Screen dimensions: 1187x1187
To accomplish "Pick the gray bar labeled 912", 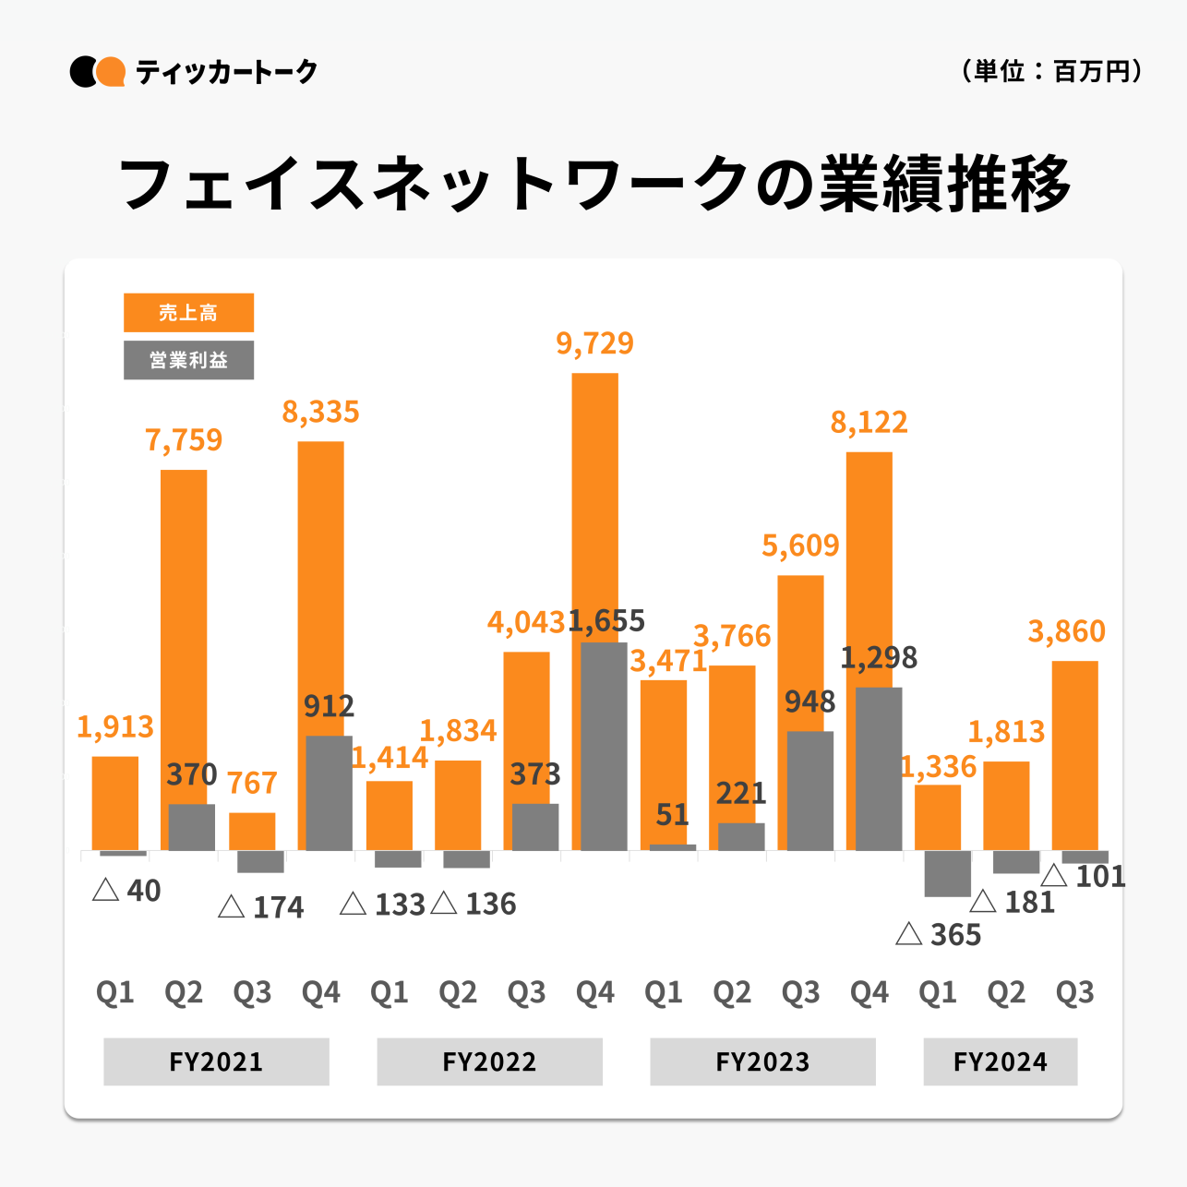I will [330, 793].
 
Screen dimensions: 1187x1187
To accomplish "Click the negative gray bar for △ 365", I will [947, 873].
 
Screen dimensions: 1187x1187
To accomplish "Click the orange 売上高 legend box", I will [188, 313].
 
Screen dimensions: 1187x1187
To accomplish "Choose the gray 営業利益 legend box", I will [188, 360].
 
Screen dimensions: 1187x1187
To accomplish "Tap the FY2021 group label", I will [216, 1061].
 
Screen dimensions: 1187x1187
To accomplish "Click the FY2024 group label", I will [1001, 1061].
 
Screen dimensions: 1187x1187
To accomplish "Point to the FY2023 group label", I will [762, 1061].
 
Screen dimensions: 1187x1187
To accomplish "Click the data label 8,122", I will [869, 423].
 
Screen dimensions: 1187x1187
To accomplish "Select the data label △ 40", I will [127, 891].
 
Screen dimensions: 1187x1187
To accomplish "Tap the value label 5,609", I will [800, 546].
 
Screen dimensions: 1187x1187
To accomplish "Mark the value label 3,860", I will [1066, 631].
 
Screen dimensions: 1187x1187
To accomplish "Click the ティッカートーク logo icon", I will [98, 72].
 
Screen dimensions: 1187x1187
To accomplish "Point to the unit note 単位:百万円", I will [1051, 71].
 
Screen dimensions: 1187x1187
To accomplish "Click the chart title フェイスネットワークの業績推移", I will [593, 183].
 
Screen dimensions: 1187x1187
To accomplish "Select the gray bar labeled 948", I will [810, 790].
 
